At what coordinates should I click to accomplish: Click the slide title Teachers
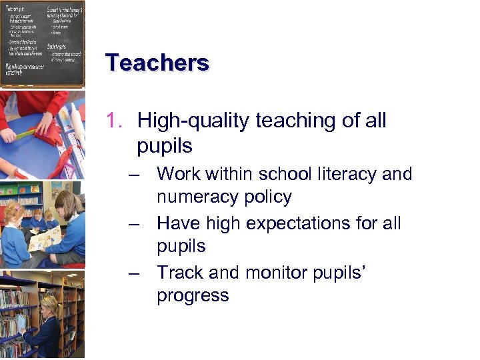coord(157,63)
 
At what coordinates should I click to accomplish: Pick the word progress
coord(193,295)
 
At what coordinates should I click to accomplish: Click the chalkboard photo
coord(42,43)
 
